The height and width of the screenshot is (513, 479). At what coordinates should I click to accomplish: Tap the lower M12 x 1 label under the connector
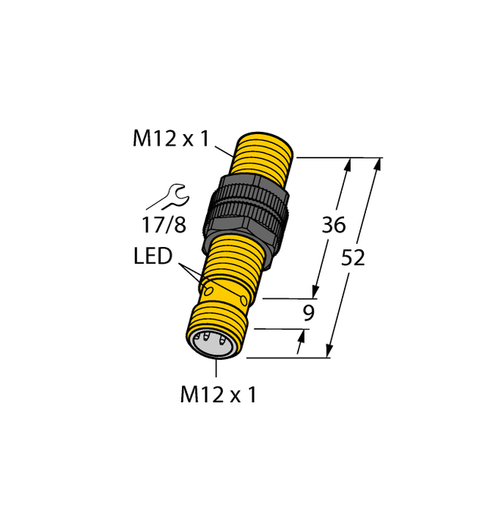218,395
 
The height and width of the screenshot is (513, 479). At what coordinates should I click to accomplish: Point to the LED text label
154,257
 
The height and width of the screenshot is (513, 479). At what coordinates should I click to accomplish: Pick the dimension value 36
333,225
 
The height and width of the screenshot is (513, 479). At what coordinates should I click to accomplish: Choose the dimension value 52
353,258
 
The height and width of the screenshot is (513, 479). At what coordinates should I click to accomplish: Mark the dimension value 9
308,312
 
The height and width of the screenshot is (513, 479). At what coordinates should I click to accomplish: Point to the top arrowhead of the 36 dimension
349,164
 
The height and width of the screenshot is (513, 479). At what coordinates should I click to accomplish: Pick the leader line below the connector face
217,368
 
